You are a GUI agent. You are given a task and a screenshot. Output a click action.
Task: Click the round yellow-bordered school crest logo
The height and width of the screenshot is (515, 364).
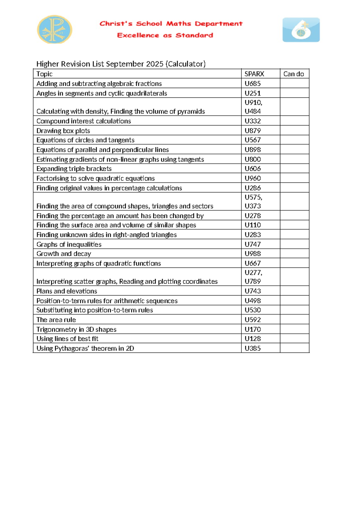[x=55, y=29]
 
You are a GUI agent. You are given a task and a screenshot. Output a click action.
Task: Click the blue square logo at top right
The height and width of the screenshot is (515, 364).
[x=301, y=30]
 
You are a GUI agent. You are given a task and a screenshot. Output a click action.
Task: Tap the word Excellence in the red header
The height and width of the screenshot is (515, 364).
[x=138, y=36]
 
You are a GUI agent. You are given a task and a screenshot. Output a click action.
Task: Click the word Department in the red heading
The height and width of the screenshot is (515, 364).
[x=218, y=24]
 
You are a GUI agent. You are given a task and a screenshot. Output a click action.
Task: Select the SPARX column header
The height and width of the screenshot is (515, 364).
[x=254, y=74]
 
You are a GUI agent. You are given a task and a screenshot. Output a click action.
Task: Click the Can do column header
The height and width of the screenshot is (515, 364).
[x=293, y=74]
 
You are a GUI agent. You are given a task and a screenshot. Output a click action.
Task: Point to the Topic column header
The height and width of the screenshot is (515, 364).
[x=44, y=74]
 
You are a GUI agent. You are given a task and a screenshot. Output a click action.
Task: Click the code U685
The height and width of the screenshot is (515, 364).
[x=252, y=84]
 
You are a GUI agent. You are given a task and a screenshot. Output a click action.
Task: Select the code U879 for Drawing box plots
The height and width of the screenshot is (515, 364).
[x=252, y=131]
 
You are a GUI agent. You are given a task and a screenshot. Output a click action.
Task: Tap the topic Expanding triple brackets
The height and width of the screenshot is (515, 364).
[x=74, y=169]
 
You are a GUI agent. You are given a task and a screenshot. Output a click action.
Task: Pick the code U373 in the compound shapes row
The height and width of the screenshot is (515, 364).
[x=252, y=206]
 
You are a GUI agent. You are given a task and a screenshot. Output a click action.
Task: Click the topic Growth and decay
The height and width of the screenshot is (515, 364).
[x=63, y=254]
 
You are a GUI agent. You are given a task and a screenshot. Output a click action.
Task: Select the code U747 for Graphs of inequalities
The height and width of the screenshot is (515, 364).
[x=252, y=244]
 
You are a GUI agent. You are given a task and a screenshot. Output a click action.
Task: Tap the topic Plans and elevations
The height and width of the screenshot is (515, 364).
[x=66, y=291]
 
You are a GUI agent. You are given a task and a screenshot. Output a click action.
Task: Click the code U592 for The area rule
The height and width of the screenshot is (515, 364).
[x=252, y=319]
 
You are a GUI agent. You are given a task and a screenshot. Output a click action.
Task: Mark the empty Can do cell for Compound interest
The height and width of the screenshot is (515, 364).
[x=294, y=121]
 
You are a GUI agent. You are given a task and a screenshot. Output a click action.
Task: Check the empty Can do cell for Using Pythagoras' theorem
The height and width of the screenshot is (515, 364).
[x=294, y=348]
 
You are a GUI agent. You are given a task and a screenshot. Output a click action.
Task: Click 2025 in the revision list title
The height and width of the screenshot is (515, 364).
[x=154, y=64]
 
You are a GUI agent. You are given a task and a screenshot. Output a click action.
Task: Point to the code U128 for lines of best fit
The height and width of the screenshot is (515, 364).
[x=252, y=339]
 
